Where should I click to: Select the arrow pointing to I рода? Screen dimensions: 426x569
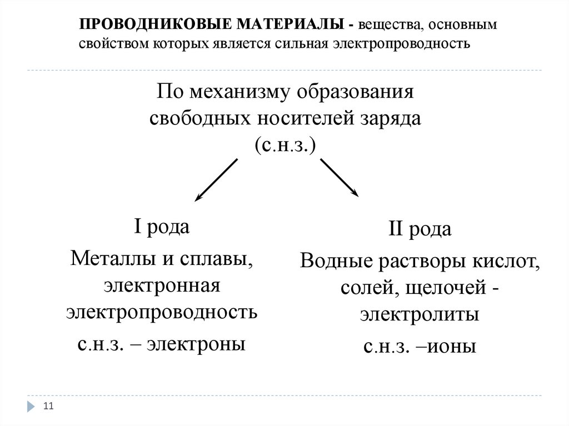pyautogui.click(x=216, y=179)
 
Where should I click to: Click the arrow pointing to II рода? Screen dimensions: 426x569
pyautogui.click(x=340, y=177)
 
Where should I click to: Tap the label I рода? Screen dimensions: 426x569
pyautogui.click(x=162, y=228)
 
